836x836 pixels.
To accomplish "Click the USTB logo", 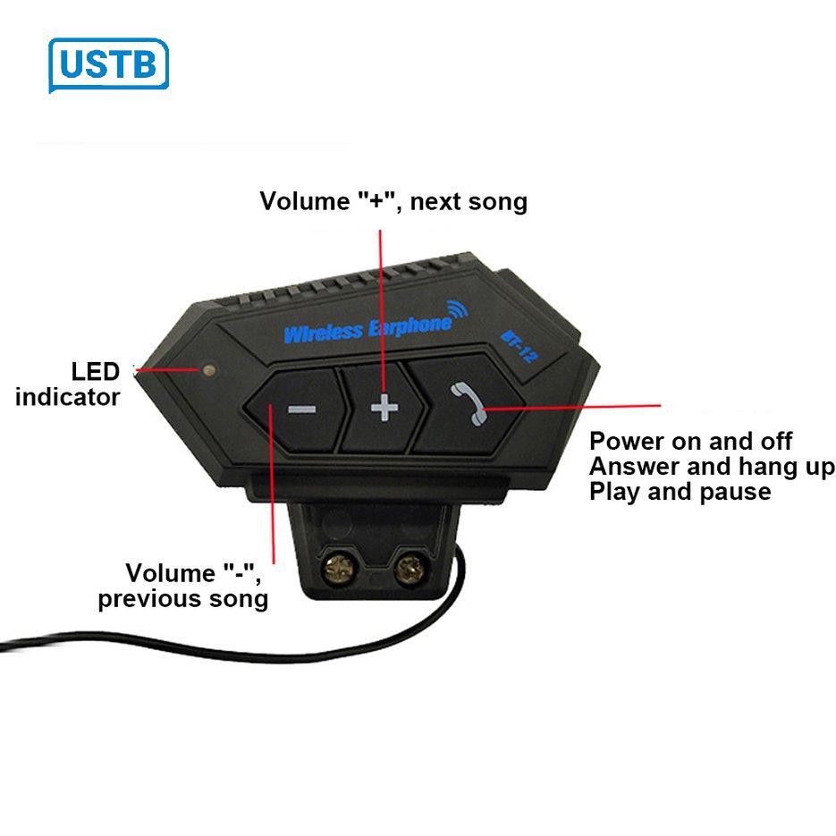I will (x=108, y=65).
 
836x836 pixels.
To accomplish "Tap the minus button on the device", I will (x=301, y=410).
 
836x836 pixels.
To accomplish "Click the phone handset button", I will (x=466, y=402).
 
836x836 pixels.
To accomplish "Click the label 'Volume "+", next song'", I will (x=393, y=201).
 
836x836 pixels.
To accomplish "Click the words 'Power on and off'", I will (x=690, y=441).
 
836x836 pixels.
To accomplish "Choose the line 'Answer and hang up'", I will (x=712, y=466).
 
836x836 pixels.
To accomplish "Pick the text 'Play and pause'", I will (x=680, y=491).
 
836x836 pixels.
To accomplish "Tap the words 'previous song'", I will (x=183, y=598).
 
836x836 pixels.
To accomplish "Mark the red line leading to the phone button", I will (x=572, y=406).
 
